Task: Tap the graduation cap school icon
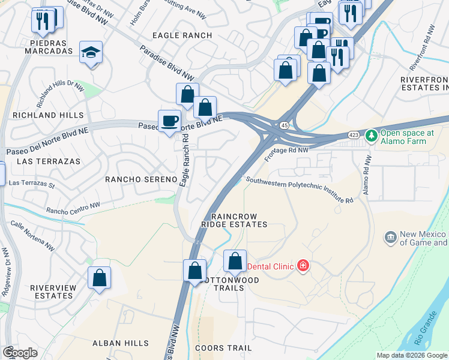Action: tap(91, 53)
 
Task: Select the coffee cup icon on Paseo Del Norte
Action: tap(169, 121)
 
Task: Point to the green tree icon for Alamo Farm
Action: tap(372, 136)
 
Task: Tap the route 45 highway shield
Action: tap(284, 125)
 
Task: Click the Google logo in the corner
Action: tap(20, 353)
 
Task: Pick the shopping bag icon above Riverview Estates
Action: tap(99, 278)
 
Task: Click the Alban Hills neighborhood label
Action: tap(120, 343)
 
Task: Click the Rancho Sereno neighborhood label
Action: tap(141, 179)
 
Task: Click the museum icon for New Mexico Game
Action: tap(391, 238)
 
